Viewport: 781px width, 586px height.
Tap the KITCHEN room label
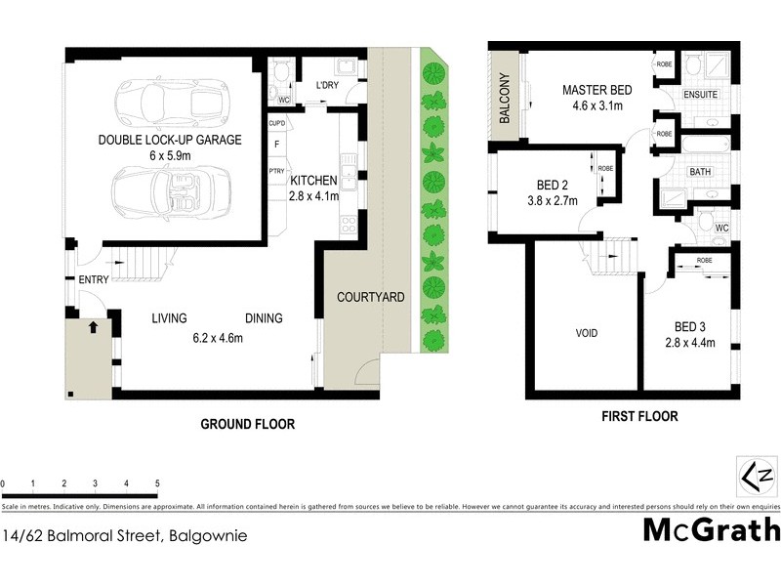pos(313,181)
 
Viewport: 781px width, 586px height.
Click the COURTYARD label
pos(370,297)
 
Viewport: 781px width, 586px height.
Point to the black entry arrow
pos(94,327)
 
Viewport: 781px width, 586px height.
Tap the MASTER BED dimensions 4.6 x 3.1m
pos(596,107)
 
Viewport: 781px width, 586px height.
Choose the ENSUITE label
pos(700,95)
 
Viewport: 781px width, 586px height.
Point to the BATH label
pos(700,172)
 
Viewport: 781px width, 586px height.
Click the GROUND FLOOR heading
pos(247,425)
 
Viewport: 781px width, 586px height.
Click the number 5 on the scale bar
pos(157,484)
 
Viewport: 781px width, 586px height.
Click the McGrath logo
pos(712,530)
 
